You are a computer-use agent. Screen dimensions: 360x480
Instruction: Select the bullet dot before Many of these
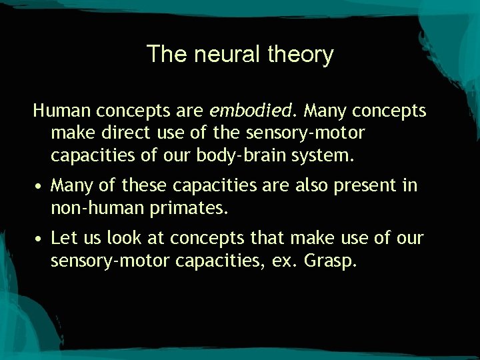39,187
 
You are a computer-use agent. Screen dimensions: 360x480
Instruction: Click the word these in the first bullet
145,185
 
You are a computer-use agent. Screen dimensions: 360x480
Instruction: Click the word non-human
97,208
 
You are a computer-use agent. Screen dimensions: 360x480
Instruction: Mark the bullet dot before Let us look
39,239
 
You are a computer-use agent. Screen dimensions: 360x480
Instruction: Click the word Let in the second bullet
63,237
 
